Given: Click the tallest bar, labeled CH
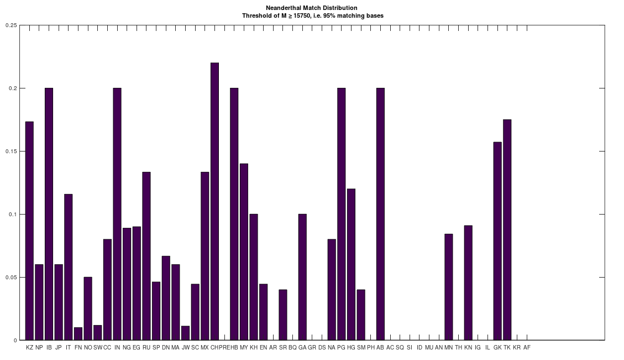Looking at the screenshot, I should [214, 201].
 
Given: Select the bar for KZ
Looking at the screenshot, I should [29, 231].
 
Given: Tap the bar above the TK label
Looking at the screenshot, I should [507, 229].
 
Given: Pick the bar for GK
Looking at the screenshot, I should [497, 241].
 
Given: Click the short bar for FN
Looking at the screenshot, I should [78, 334].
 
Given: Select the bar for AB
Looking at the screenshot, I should [380, 214].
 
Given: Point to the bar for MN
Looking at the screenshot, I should [448, 287].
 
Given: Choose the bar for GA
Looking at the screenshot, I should [302, 277].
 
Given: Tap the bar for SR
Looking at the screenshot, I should [283, 315].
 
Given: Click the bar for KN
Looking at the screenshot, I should [468, 283].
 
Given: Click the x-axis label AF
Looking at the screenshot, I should [527, 347].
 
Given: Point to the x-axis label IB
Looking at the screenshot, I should [49, 347].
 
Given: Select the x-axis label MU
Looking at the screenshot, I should [429, 347].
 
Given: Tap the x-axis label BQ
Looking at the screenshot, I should [292, 347].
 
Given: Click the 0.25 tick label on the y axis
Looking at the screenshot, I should [11, 25].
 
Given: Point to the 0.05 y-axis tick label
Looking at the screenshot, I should [11, 277].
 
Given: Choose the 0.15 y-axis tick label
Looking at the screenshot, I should [11, 151].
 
